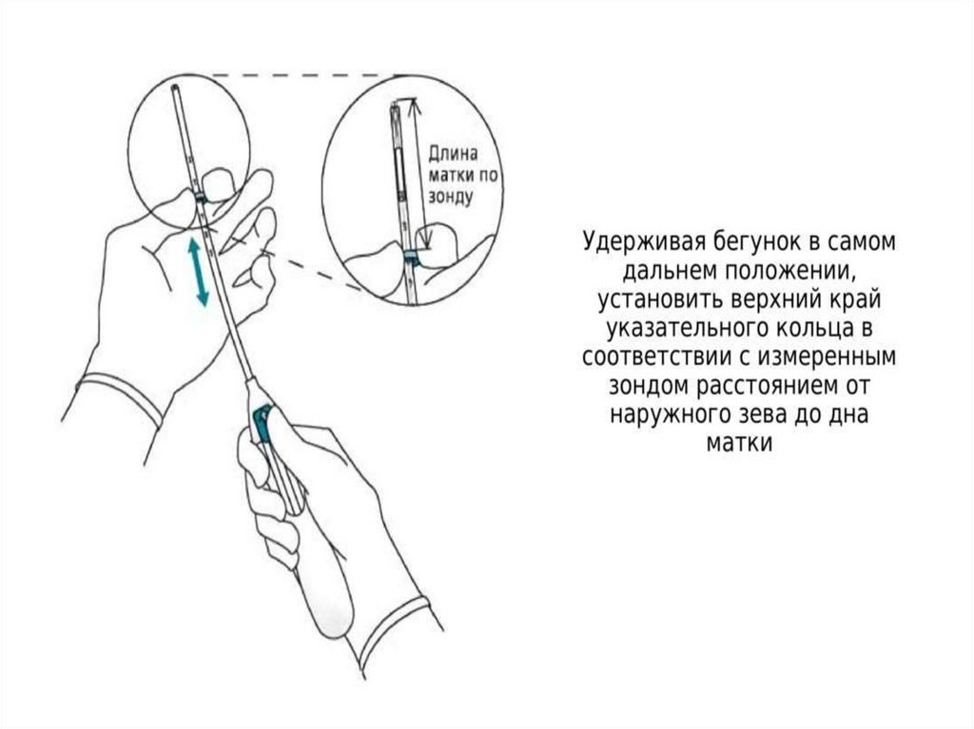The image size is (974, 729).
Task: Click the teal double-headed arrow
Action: tap(198, 272)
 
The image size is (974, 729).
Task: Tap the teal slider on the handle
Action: tap(262, 425)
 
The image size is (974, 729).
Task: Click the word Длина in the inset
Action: tap(454, 154)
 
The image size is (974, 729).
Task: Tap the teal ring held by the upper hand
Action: tap(202, 196)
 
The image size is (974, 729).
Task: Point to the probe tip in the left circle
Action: tap(178, 91)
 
